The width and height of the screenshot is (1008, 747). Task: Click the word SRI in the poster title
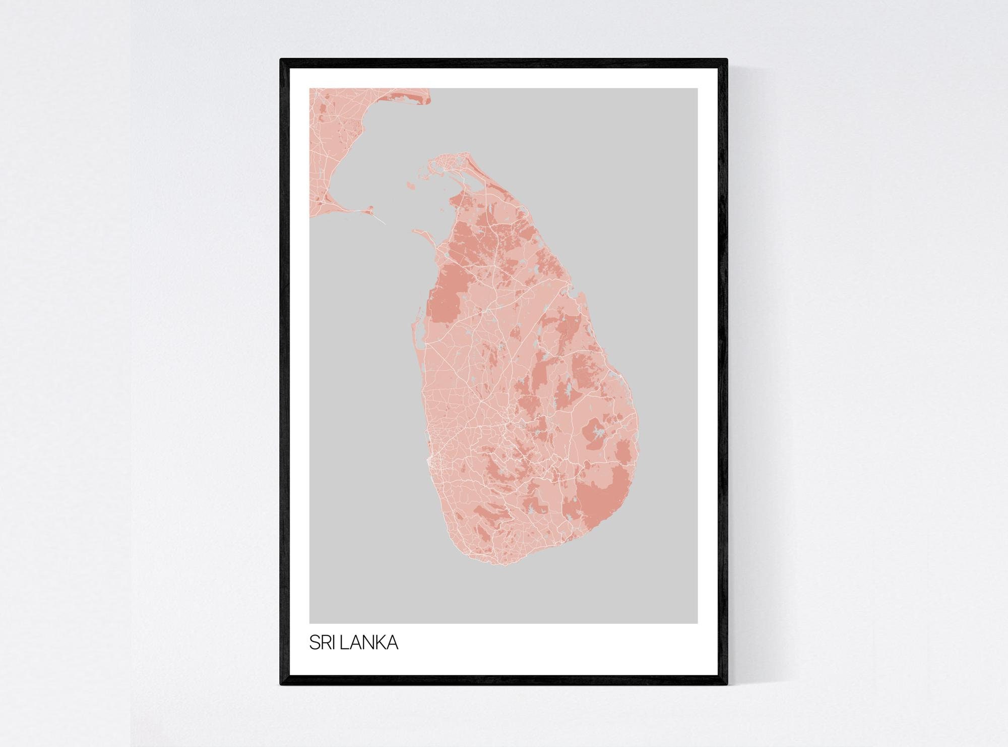tap(322, 643)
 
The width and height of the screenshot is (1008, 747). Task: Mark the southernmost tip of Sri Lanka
tap(496, 563)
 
